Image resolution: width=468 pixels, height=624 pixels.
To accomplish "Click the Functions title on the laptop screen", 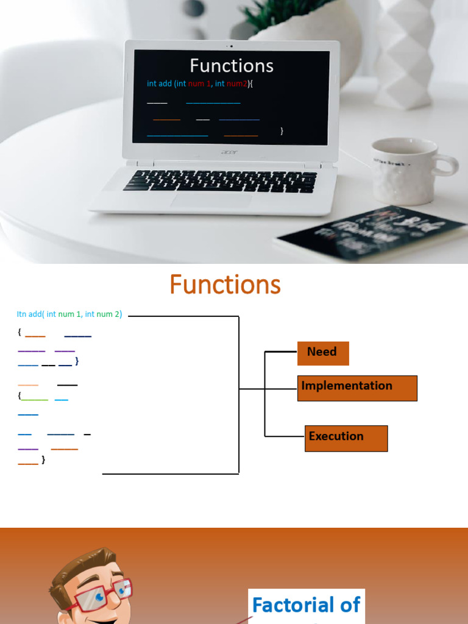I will tap(232, 66).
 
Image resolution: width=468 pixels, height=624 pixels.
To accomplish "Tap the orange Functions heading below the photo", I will tap(225, 285).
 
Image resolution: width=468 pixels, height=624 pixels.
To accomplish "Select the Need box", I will tap(323, 353).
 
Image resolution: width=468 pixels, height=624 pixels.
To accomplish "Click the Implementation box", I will tap(357, 388).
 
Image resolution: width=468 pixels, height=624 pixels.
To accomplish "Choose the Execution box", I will tap(346, 438).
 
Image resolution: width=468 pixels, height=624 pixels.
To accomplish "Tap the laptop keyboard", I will tap(221, 180).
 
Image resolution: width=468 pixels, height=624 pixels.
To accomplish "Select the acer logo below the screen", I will tap(229, 152).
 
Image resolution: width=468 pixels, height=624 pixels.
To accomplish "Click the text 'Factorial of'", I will tap(306, 605).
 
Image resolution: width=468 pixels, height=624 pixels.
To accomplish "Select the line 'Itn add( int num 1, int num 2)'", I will tap(69, 314).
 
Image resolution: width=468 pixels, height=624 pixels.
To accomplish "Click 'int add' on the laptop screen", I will tap(160, 83).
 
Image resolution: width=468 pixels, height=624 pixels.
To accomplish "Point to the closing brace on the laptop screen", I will tap(282, 130).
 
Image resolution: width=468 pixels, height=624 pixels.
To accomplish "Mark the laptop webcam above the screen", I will tap(232, 46).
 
